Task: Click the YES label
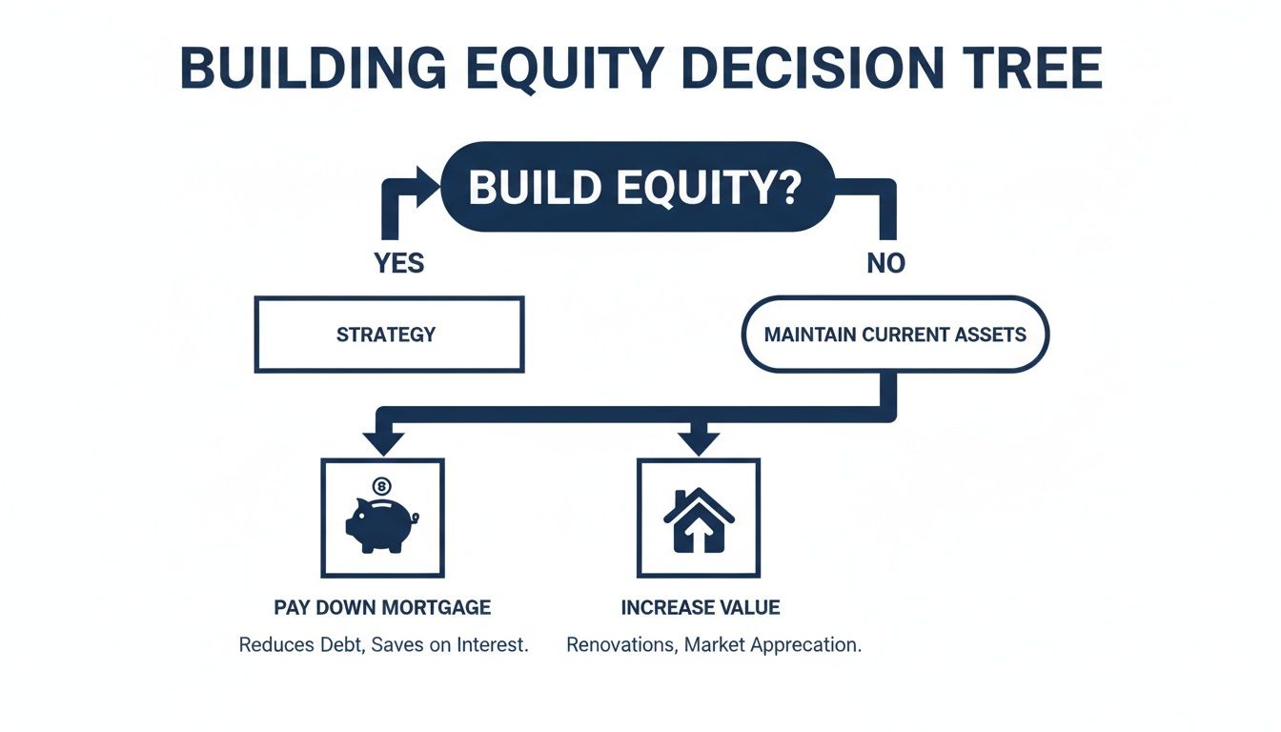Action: [399, 263]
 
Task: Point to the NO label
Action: [885, 263]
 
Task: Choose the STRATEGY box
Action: [389, 335]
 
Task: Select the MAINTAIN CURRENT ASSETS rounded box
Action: [894, 335]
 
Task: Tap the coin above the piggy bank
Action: [382, 487]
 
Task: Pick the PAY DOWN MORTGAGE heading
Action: [382, 607]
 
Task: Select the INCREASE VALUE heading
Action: [700, 607]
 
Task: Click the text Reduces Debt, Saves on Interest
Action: [382, 645]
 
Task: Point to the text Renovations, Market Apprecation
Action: [713, 645]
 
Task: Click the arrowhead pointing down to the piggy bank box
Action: [383, 442]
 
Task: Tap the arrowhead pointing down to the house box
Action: [698, 442]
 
